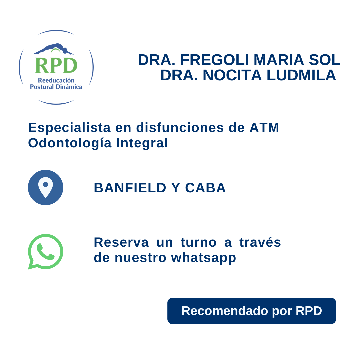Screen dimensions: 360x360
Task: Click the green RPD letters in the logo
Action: tap(56, 65)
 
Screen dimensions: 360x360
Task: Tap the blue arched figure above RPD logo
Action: tap(53, 49)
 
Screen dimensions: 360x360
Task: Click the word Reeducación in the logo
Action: tap(56, 80)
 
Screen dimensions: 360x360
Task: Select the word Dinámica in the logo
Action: tap(70, 87)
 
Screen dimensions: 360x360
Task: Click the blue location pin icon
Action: tap(46, 187)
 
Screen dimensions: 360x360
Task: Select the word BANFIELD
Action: tap(130, 188)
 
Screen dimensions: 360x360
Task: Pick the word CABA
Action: tap(206, 188)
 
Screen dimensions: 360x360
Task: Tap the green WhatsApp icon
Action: tap(46, 251)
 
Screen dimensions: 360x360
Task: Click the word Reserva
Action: tap(121, 242)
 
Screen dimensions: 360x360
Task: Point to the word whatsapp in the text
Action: tap(204, 258)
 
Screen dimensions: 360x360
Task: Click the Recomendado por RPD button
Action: tap(252, 311)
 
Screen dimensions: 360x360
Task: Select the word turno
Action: tap(199, 242)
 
